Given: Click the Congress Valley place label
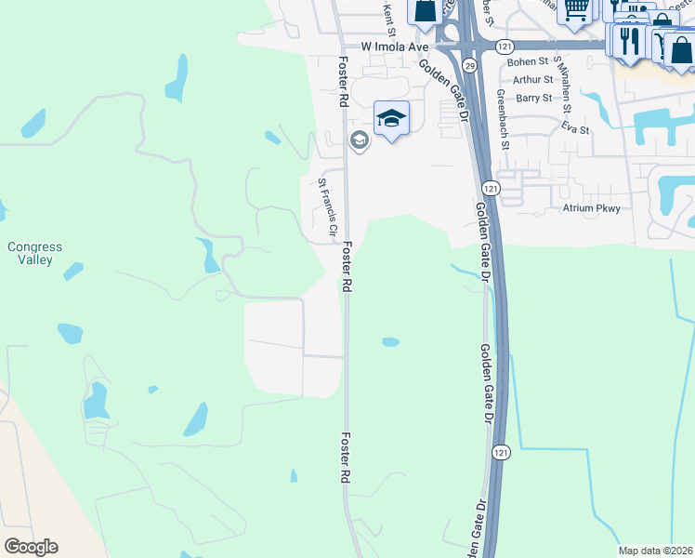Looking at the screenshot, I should [34, 254].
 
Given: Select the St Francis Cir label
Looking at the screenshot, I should [328, 207].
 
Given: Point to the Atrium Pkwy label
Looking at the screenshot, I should [591, 208].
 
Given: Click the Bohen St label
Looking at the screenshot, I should [530, 62].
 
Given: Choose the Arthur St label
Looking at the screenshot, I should [532, 80].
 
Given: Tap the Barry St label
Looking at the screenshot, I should [534, 98].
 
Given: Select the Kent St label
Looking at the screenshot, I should [389, 13].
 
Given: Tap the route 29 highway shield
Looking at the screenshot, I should [469, 65].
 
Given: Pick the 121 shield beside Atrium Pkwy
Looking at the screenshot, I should [492, 189].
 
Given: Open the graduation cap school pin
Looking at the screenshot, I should [391, 119].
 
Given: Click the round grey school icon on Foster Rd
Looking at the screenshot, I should [359, 140].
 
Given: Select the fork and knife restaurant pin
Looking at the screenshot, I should [626, 40].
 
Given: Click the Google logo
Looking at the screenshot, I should [31, 547].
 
